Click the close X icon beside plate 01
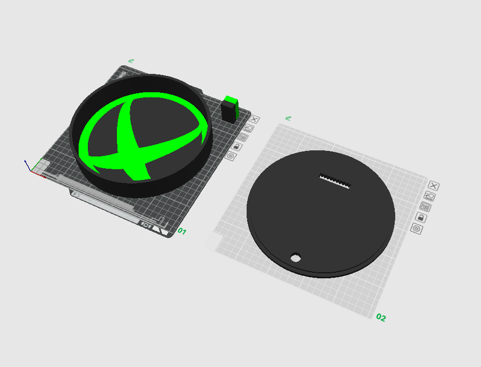tap(254, 119)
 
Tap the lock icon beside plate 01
tap(236, 146)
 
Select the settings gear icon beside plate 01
tap(231, 156)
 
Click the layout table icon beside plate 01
tap(243, 137)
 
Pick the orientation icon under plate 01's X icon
tap(249, 128)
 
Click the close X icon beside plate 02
tap(434, 186)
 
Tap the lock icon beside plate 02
tap(421, 218)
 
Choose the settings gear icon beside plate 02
tap(417, 228)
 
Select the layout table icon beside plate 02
tap(425, 207)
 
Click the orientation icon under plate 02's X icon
tap(429, 196)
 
